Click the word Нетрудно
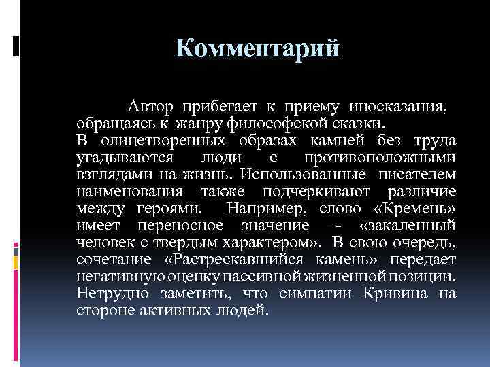coord(108,294)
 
